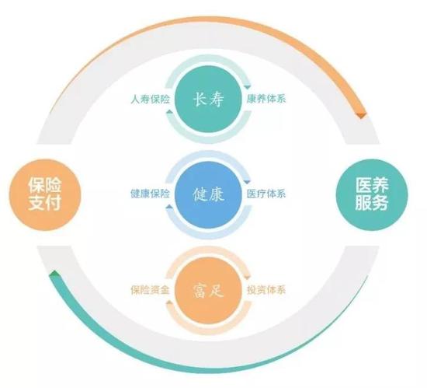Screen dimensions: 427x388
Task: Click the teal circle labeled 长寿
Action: (x=208, y=99)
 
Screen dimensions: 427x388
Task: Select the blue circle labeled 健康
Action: (x=208, y=194)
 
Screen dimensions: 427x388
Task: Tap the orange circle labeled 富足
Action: (x=208, y=290)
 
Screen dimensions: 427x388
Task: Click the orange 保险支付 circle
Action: (x=45, y=194)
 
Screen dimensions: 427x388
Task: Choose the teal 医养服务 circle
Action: (x=372, y=194)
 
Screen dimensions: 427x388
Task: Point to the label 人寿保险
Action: (x=150, y=99)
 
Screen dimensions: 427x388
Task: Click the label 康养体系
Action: (x=266, y=99)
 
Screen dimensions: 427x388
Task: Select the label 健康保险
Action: (x=150, y=194)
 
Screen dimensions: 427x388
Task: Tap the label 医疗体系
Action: (x=266, y=194)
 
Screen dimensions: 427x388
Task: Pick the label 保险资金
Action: (x=150, y=289)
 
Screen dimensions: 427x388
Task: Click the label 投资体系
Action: (x=266, y=289)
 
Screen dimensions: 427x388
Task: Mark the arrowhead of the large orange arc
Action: (x=361, y=115)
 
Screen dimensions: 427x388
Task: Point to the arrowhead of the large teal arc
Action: (x=54, y=274)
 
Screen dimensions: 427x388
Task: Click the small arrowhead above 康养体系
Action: (x=247, y=87)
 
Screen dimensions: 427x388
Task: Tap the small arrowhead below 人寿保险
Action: (x=169, y=111)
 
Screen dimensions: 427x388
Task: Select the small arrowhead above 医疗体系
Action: (x=247, y=182)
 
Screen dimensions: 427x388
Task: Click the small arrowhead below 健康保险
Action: (x=169, y=207)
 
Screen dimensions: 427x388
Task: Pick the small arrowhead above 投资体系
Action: (x=247, y=278)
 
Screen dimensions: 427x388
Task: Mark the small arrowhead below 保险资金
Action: (x=169, y=302)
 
